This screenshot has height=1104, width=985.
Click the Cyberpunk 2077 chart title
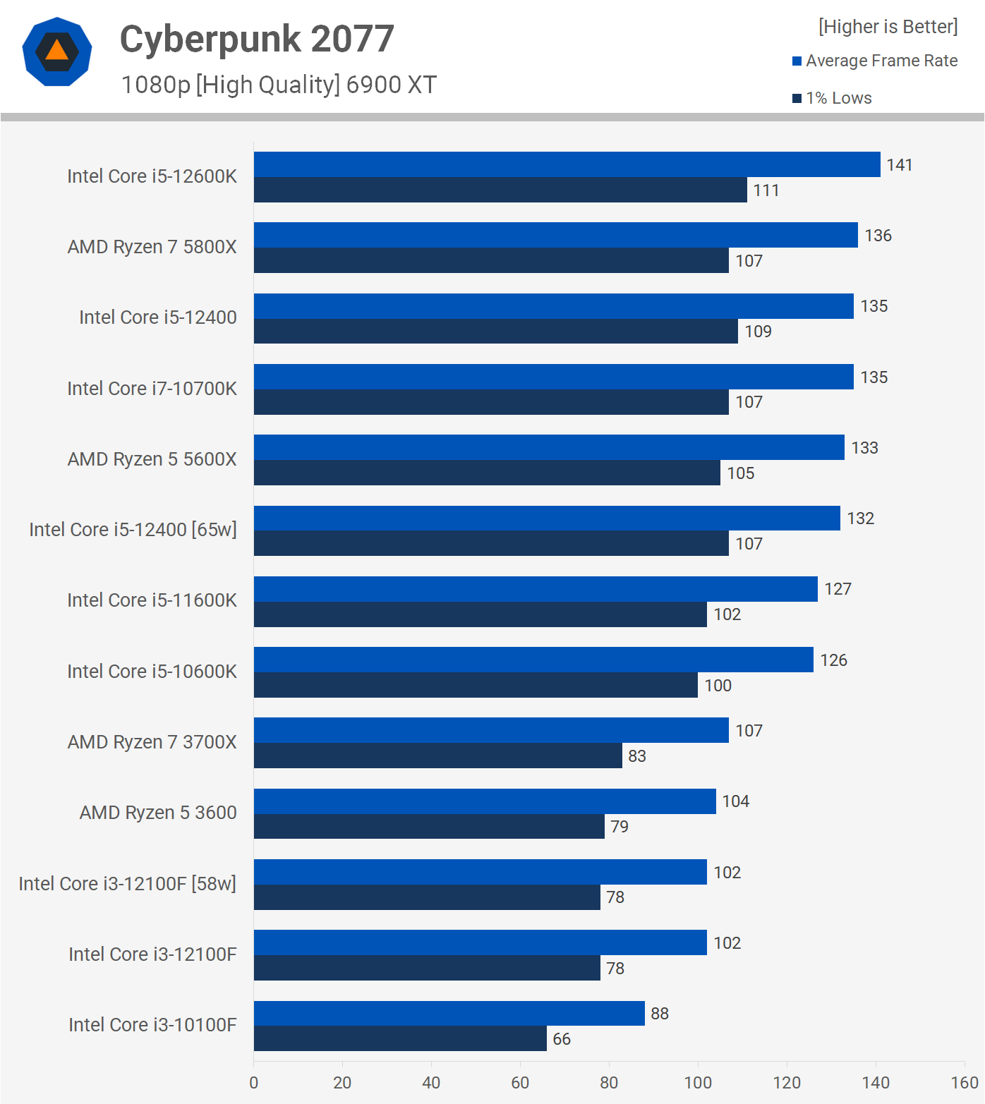coord(257,40)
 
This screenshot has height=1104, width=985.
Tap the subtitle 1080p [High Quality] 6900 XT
coord(279,85)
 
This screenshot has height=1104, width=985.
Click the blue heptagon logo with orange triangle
coord(57,51)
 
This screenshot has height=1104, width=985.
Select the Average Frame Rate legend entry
coord(875,61)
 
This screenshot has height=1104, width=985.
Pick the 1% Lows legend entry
coord(833,98)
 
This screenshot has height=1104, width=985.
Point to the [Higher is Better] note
coord(888,27)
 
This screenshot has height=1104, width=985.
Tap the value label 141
coord(900,165)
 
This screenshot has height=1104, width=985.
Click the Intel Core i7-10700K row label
coord(152,389)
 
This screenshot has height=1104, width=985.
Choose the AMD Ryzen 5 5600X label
coord(152,459)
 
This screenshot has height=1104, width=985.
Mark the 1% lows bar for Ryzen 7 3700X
coord(437,756)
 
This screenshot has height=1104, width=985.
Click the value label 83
coord(637,756)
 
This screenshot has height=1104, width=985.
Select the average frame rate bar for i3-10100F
coord(449,1013)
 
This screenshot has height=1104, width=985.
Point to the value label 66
coord(562,1039)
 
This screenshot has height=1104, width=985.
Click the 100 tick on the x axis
coord(698,1083)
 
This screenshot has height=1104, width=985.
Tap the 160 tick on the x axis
coord(965,1083)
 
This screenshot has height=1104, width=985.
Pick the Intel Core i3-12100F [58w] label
coord(127,884)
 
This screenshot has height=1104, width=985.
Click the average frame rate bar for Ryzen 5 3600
coord(485,801)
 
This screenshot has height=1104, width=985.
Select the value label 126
coord(833,660)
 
